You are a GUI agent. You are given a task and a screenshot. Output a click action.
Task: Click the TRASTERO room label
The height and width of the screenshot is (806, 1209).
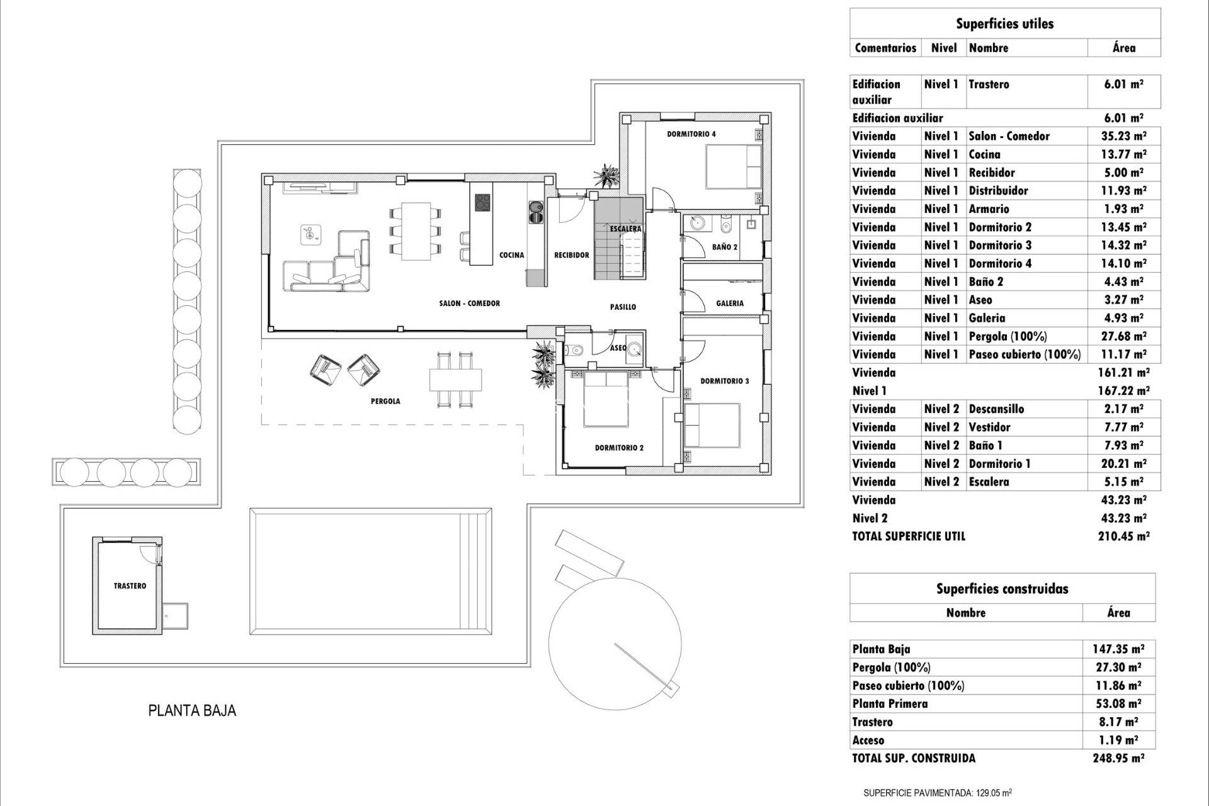pyautogui.click(x=130, y=586)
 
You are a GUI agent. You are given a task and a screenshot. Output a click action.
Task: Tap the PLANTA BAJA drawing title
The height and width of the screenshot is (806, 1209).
pyautogui.click(x=192, y=711)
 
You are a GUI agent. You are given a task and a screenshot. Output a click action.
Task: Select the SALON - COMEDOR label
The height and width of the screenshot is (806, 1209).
pyautogui.click(x=469, y=304)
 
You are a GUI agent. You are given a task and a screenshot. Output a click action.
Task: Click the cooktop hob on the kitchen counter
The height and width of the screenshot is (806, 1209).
pyautogui.click(x=482, y=202)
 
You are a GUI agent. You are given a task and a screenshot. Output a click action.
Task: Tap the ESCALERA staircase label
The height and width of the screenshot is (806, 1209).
pyautogui.click(x=625, y=229)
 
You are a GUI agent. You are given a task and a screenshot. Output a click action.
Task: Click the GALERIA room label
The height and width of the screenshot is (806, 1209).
pyautogui.click(x=730, y=303)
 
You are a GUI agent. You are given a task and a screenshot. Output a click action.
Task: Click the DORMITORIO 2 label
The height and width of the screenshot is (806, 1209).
pyautogui.click(x=619, y=448)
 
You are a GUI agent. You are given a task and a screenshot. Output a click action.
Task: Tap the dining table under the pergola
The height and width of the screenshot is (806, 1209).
pyautogui.click(x=456, y=379)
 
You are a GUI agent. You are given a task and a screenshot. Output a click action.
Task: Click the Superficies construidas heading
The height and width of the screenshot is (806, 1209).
pyautogui.click(x=1002, y=589)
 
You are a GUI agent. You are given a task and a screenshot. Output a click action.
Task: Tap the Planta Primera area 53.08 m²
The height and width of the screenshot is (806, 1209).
pyautogui.click(x=1118, y=704)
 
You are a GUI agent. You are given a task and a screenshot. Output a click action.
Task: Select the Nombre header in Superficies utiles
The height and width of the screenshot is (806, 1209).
pyautogui.click(x=989, y=48)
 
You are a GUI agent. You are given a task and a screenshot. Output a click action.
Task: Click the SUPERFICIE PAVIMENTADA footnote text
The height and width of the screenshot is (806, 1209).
pyautogui.click(x=946, y=792)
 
